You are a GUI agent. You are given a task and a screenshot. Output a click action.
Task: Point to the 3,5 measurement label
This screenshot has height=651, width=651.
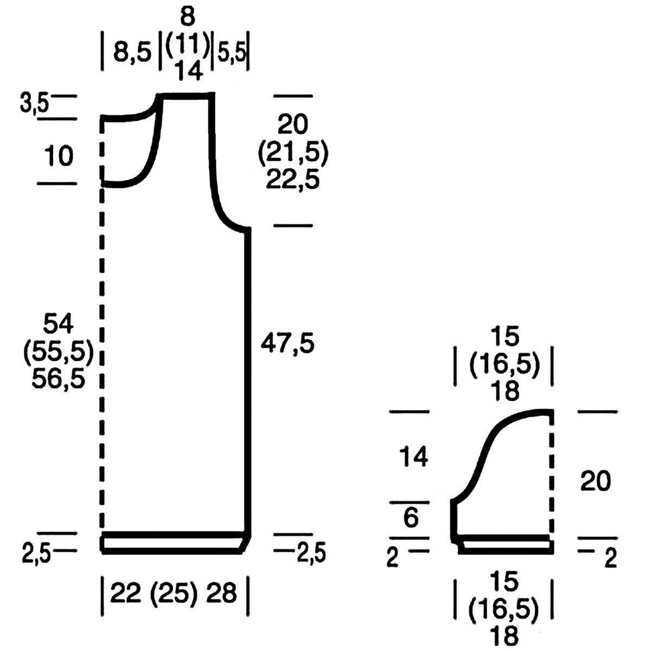point(34,104)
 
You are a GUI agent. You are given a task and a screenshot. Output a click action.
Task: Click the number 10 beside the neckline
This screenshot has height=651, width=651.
point(59,156)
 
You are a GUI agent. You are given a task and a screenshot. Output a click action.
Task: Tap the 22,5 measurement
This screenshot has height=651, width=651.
point(292,179)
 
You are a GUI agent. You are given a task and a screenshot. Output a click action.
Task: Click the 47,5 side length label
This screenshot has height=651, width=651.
point(288,343)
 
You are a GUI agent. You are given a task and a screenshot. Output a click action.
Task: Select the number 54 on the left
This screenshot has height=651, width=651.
point(58,323)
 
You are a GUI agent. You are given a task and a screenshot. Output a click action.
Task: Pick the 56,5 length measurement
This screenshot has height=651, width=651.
point(58,378)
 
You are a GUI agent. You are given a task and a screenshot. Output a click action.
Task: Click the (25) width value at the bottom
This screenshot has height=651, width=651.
point(173,593)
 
